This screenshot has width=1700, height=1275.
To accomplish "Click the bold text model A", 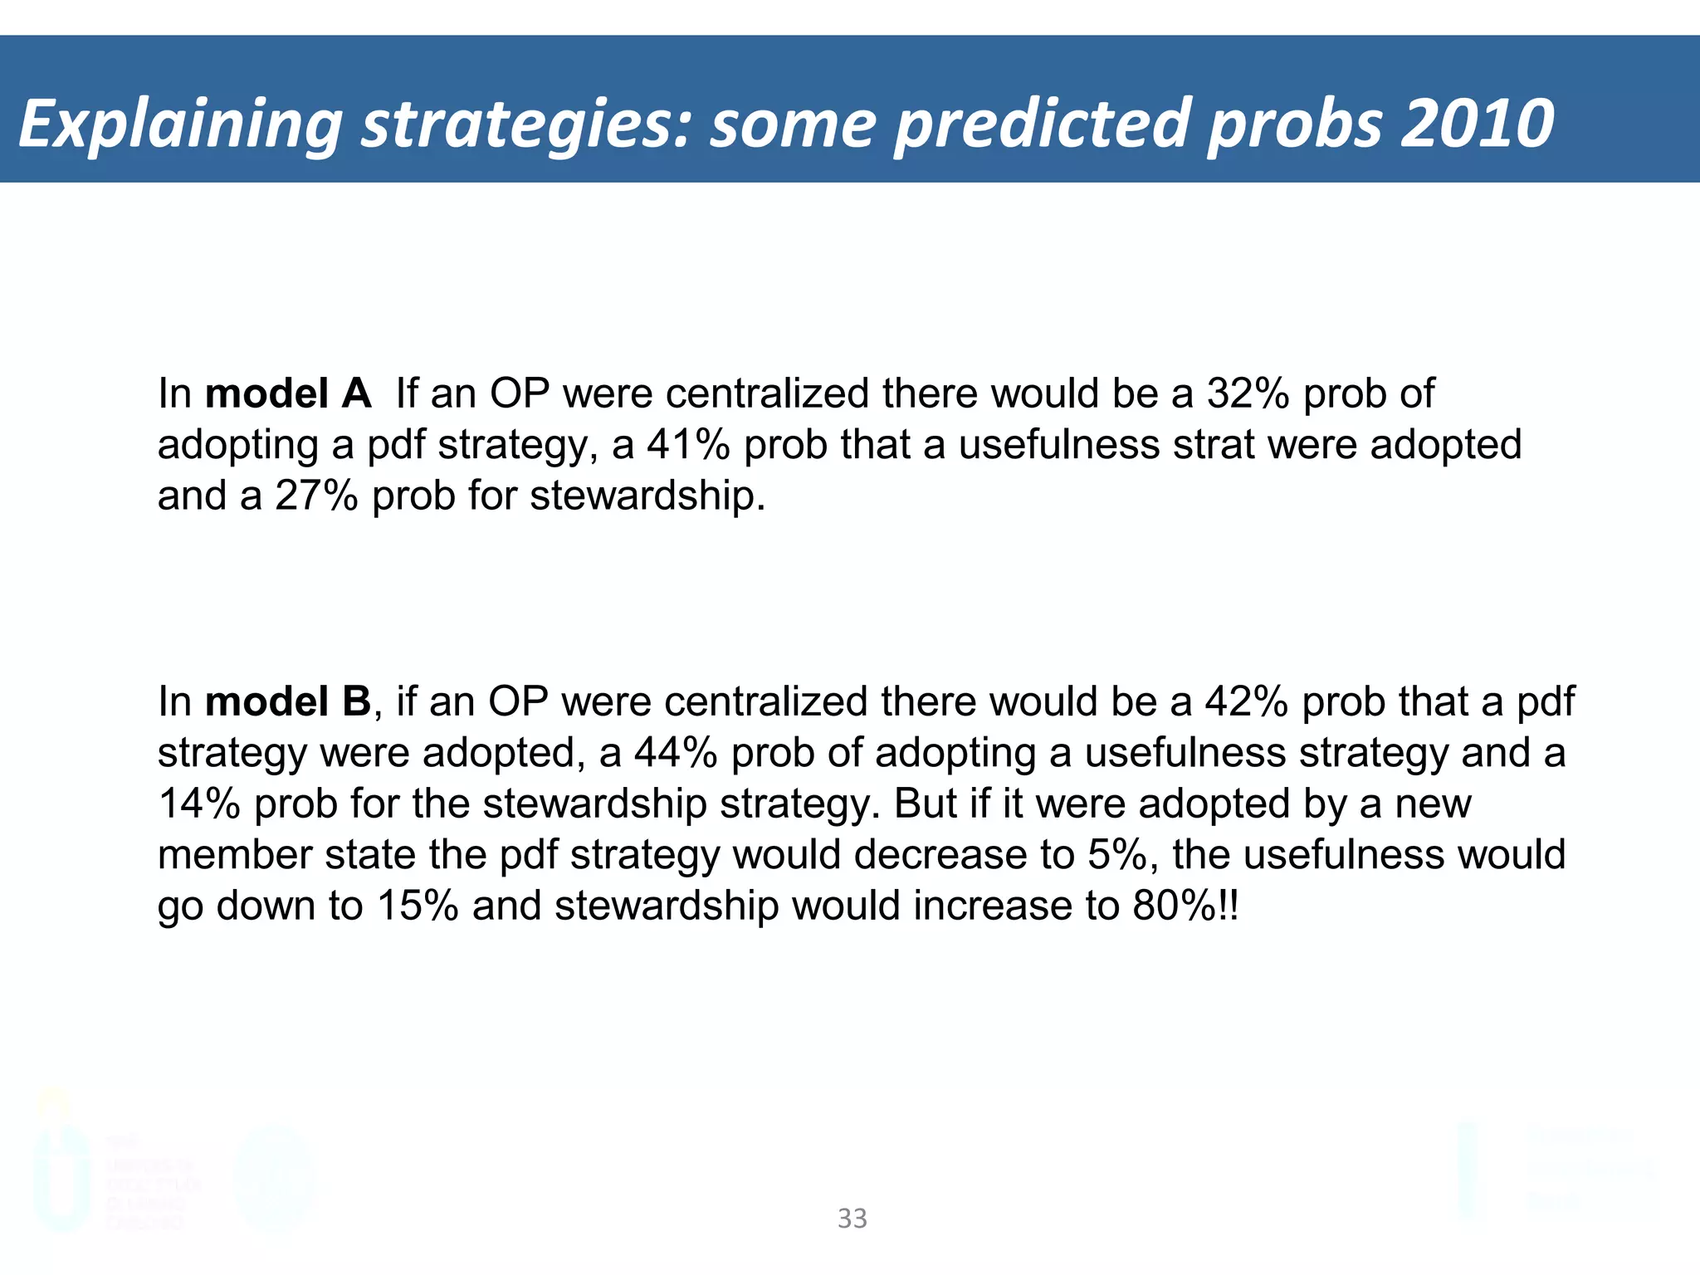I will click(288, 393).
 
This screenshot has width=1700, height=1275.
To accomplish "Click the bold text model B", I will click(288, 701).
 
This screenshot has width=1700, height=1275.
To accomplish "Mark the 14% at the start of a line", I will click(199, 804).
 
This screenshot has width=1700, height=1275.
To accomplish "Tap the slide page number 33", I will click(852, 1219).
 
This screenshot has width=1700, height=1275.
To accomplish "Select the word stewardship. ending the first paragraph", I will click(647, 496).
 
